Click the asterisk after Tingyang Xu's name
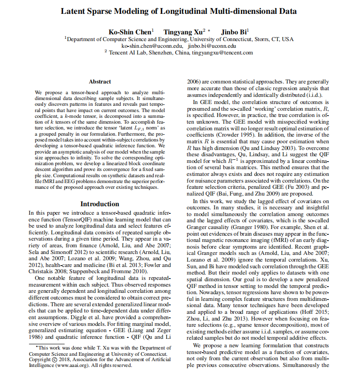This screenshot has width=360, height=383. click(209, 30)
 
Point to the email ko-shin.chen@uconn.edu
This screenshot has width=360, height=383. click(152, 46)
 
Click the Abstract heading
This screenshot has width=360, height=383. click(100, 82)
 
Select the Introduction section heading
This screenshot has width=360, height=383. click(100, 204)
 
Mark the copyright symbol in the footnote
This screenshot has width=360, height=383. click(55, 359)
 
